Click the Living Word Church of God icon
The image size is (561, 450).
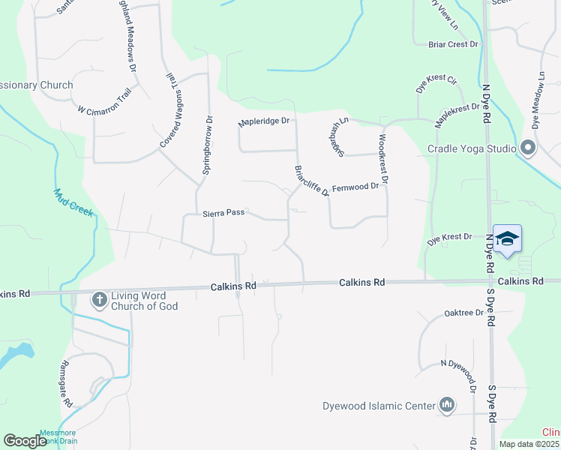(100, 301)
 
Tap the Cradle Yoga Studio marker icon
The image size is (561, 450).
(527, 148)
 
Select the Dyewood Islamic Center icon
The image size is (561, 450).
(448, 406)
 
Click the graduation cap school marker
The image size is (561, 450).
(507, 239)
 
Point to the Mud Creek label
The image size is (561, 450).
(73, 202)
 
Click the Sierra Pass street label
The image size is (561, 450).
(223, 213)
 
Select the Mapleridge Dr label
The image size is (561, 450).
(263, 121)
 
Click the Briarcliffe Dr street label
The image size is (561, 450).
(310, 181)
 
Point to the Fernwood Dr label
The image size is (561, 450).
(355, 186)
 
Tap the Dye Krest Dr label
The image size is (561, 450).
(449, 239)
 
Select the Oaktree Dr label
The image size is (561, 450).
(464, 313)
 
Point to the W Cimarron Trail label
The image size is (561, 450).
(105, 100)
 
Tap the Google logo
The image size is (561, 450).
(25, 441)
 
